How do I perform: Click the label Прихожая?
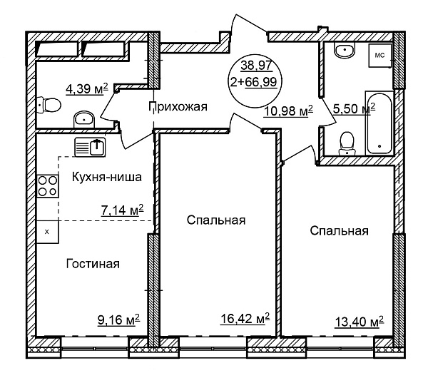tap(178, 107)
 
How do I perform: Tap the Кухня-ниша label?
tap(107, 177)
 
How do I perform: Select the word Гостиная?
tap(93, 264)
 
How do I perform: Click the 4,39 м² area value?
tap(87, 88)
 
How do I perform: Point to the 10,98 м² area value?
tap(288, 111)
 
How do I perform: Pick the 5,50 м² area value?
tap(354, 108)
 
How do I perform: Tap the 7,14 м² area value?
tap(122, 210)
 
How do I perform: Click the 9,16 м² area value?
tap(118, 320)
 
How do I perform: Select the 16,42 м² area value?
tap(245, 318)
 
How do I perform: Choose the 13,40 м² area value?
tap(360, 322)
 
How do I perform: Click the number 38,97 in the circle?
tap(257, 66)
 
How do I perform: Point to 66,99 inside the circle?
tap(261, 82)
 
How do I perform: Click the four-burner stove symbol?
tap(48, 186)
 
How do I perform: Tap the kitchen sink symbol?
tap(90, 147)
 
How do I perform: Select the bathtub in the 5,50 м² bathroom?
tap(379, 123)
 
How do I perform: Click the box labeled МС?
tap(379, 56)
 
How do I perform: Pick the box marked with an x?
tap(48, 232)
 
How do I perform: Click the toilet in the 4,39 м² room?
tap(49, 105)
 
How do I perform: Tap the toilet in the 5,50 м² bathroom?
tap(347, 143)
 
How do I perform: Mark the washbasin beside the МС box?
tap(345, 50)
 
